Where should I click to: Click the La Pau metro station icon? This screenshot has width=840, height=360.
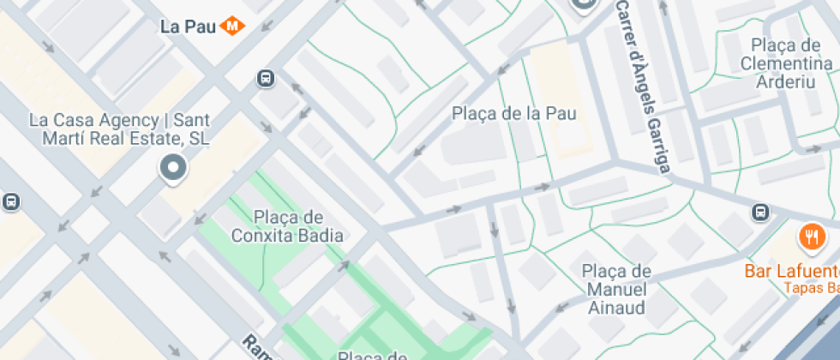pyautogui.click(x=232, y=26)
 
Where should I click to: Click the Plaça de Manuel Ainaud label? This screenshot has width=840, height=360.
pyautogui.click(x=616, y=290)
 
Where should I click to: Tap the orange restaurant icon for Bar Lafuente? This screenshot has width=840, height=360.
pyautogui.click(x=809, y=235)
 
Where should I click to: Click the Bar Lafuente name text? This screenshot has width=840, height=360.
pyautogui.click(x=794, y=272)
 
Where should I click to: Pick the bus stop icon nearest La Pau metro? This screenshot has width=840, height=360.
pyautogui.click(x=266, y=79)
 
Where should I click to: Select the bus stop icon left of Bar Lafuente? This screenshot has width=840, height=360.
pyautogui.click(x=760, y=213)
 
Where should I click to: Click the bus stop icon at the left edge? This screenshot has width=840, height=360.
pyautogui.click(x=10, y=202)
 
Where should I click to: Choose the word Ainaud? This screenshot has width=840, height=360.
pyautogui.click(x=617, y=308)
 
